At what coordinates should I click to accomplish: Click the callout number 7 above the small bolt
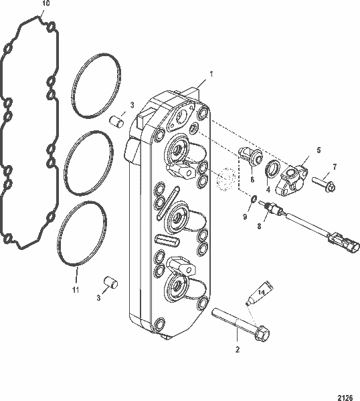[x=335, y=166]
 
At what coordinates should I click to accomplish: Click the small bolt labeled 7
[x=324, y=180]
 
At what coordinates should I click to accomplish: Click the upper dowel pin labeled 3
[x=118, y=122]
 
